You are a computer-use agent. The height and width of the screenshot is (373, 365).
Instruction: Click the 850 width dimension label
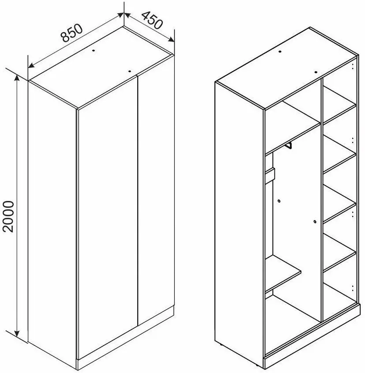[72, 33]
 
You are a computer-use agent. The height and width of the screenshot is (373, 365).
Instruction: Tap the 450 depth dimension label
[152, 20]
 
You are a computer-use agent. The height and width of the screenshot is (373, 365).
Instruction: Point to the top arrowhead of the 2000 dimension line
[17, 79]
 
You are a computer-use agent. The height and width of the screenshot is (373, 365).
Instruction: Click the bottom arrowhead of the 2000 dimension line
[17, 333]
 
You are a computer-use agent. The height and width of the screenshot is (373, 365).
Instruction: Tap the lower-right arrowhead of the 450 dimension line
[171, 39]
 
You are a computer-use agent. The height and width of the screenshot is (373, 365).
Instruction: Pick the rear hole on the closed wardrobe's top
[94, 50]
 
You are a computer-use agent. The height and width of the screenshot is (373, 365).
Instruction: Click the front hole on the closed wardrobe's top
[130, 71]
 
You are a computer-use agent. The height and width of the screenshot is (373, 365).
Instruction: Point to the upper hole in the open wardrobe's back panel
[279, 201]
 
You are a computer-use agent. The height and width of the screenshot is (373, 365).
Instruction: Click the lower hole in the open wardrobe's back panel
[315, 222]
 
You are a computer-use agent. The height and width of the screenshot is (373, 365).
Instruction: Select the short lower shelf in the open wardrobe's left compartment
[283, 274]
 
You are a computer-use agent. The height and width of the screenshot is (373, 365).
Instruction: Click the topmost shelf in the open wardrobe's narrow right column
[339, 105]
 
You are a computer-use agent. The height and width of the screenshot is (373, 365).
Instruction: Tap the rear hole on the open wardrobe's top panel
[280, 51]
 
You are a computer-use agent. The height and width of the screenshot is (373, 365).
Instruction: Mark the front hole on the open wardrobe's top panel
[316, 72]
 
